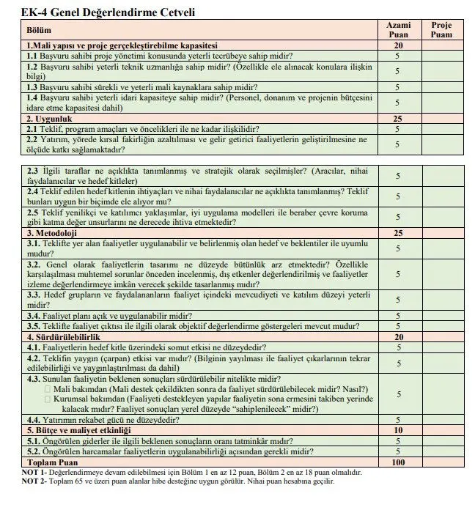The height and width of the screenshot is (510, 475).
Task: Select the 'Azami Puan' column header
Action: pos(398,29)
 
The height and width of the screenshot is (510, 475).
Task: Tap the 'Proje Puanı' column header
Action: pos(441,29)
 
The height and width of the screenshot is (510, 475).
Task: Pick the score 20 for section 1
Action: pos(398,45)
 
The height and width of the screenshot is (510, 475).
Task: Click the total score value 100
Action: pos(398,462)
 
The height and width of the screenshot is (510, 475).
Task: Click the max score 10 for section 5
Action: pos(398,430)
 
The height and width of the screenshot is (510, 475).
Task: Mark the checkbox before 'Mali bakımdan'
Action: pos(48,388)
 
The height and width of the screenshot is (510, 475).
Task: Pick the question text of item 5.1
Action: pos(158,441)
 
